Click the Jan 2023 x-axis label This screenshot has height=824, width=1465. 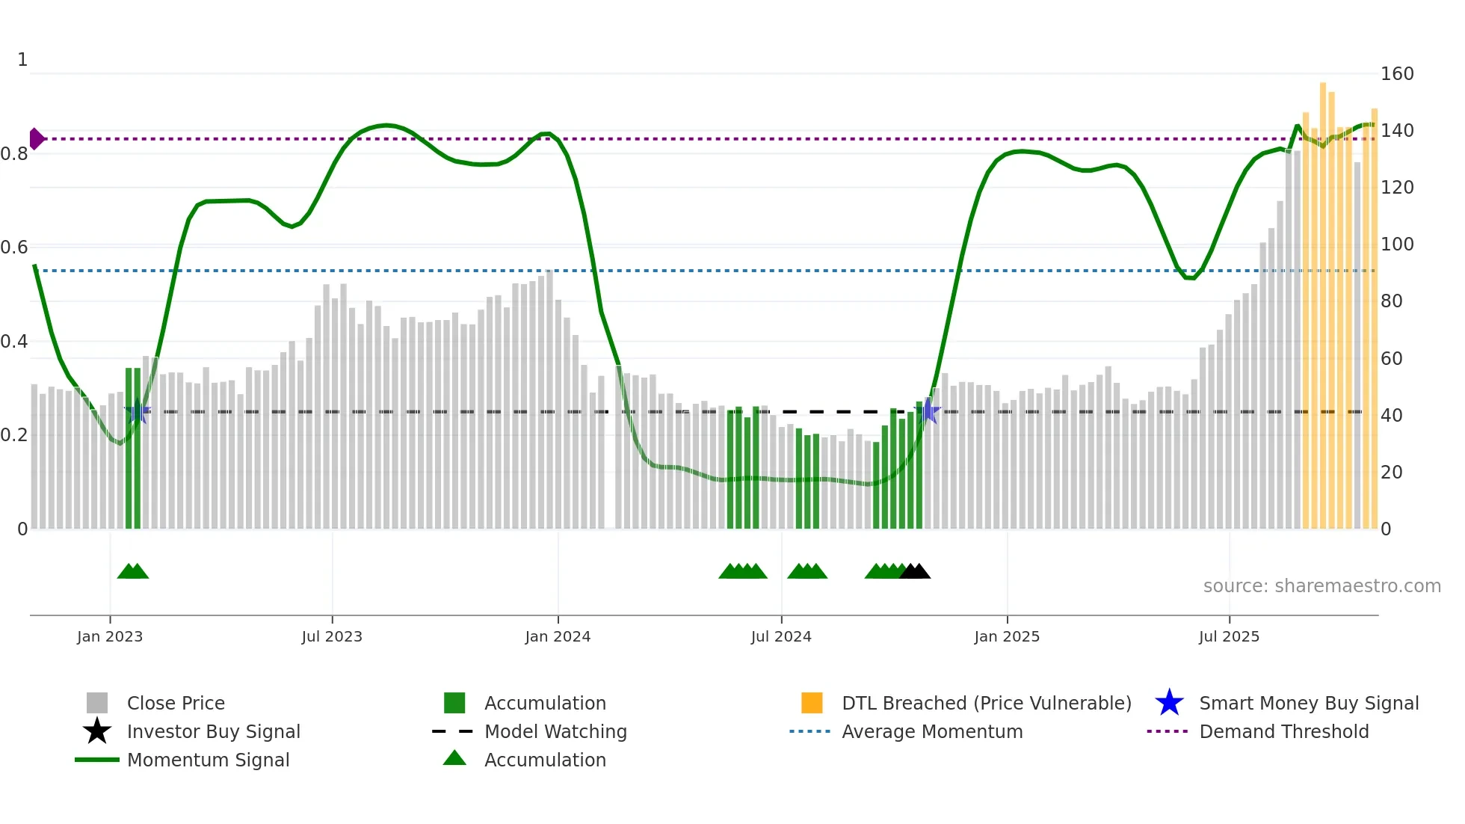pyautogui.click(x=110, y=636)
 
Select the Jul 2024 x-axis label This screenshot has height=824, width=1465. pyautogui.click(x=781, y=636)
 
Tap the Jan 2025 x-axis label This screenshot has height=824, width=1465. pyautogui.click(x=1007, y=636)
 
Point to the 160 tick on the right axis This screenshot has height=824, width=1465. pyautogui.click(x=1396, y=74)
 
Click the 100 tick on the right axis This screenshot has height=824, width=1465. pyautogui.click(x=1396, y=245)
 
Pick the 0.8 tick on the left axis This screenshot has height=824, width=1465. pyautogui.click(x=14, y=154)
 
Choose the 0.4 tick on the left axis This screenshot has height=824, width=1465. pyautogui.click(x=14, y=342)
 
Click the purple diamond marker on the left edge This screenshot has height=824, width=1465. pyautogui.click(x=36, y=139)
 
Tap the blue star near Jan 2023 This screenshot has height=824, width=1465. pyautogui.click(x=138, y=411)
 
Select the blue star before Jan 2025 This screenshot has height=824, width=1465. pyautogui.click(x=928, y=411)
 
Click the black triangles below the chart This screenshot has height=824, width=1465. pyautogui.click(x=915, y=571)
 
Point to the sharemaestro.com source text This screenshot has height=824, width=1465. pyautogui.click(x=1321, y=586)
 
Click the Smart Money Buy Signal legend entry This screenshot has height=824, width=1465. pyautogui.click(x=1308, y=703)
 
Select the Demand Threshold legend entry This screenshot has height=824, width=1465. pyautogui.click(x=1283, y=731)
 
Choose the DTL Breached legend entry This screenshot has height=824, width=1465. pyautogui.click(x=986, y=703)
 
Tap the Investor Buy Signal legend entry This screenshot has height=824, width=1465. pyautogui.click(x=213, y=731)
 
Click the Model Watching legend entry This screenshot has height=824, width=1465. pyautogui.click(x=555, y=731)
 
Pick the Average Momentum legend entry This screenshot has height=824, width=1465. pyautogui.click(x=931, y=731)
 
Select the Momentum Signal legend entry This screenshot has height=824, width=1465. pyautogui.click(x=208, y=760)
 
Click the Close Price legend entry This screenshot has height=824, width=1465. pyautogui.click(x=176, y=703)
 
